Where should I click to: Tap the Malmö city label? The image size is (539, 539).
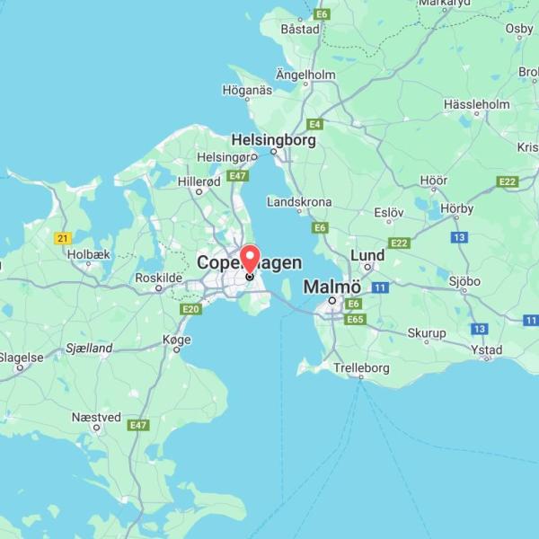[x=331, y=287]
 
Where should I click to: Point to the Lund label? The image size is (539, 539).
[x=367, y=256]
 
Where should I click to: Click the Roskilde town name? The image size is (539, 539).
[x=158, y=278]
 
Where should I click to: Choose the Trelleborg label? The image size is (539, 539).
[x=361, y=368]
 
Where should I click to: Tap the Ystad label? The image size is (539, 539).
[x=487, y=349]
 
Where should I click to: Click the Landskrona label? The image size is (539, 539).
[x=299, y=202]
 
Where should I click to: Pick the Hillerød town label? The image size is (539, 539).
[x=199, y=181]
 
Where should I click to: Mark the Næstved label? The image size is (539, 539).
[x=96, y=417]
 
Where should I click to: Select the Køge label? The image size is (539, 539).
[x=177, y=339]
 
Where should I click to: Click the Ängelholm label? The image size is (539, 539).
[x=305, y=75]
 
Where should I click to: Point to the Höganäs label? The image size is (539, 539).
[x=247, y=90]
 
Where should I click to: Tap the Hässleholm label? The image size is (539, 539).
[x=476, y=105]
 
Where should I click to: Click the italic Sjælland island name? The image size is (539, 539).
[x=89, y=348]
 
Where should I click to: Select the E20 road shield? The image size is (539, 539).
[x=190, y=309]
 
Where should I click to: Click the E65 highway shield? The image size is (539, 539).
[x=355, y=319]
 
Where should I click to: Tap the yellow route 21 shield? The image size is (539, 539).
[x=63, y=238]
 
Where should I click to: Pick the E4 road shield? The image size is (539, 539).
[x=314, y=124]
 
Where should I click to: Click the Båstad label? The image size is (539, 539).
[x=299, y=29]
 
